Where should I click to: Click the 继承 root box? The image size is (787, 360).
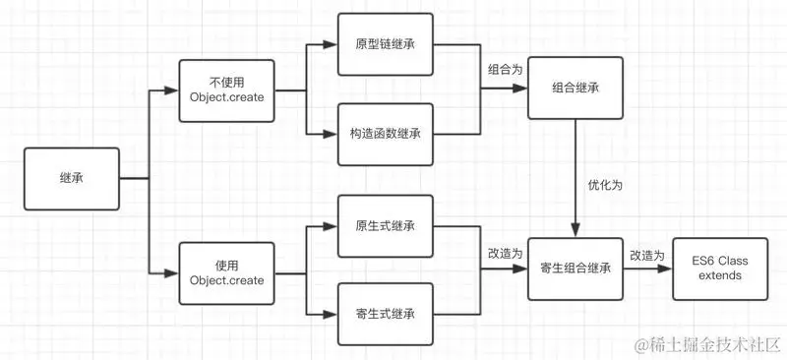pyautogui.click(x=71, y=178)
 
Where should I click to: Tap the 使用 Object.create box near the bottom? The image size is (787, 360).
pyautogui.click(x=226, y=272)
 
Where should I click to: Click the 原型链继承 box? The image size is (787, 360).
pyautogui.click(x=385, y=45)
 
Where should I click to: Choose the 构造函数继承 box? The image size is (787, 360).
pyautogui.click(x=385, y=132)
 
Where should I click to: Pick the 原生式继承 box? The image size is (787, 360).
pyautogui.click(x=385, y=226)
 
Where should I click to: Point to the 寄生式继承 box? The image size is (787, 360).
pyautogui.click(x=385, y=314)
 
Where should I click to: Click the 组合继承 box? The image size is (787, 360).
pyautogui.click(x=575, y=89)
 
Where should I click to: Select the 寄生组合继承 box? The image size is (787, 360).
pyautogui.click(x=575, y=268)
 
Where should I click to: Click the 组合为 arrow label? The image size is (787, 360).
pyautogui.click(x=506, y=71)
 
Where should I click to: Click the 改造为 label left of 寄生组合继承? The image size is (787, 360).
pyautogui.click(x=506, y=253)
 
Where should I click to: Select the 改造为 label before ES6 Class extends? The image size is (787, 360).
pyautogui.click(x=648, y=255)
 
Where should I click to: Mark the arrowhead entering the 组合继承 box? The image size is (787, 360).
pyautogui.click(x=522, y=89)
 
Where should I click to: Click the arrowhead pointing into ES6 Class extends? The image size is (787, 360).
pyautogui.click(x=668, y=269)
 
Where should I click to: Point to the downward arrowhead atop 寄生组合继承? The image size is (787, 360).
pyautogui.click(x=575, y=232)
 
